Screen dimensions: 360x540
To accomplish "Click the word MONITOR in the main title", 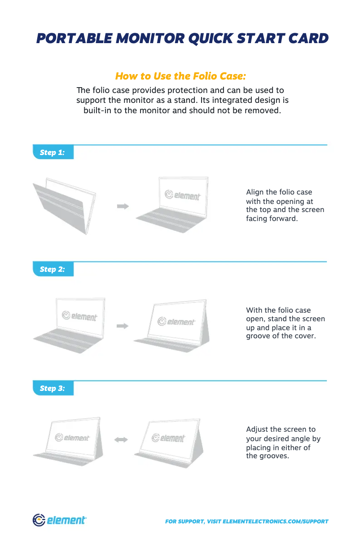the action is pos(150,39).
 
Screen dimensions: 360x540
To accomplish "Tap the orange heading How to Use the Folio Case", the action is pos(180,76).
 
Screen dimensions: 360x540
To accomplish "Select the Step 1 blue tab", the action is pos(53,152).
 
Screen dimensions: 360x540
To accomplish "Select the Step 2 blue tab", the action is pos(53,269).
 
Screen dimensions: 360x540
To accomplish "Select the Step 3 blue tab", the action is pos(53,388).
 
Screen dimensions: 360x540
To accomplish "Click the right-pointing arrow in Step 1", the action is pos(123,206).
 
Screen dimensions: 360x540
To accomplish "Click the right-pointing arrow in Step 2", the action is pos(123,326).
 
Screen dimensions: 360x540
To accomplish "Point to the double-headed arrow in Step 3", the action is pos(121,440).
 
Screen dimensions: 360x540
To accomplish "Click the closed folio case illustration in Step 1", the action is pos(65,206).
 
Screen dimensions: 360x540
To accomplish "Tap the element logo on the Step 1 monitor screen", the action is pos(182,195).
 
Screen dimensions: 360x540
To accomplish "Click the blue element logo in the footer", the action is pos(60,520).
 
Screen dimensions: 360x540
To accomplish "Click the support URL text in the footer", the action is pos(246,522).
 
